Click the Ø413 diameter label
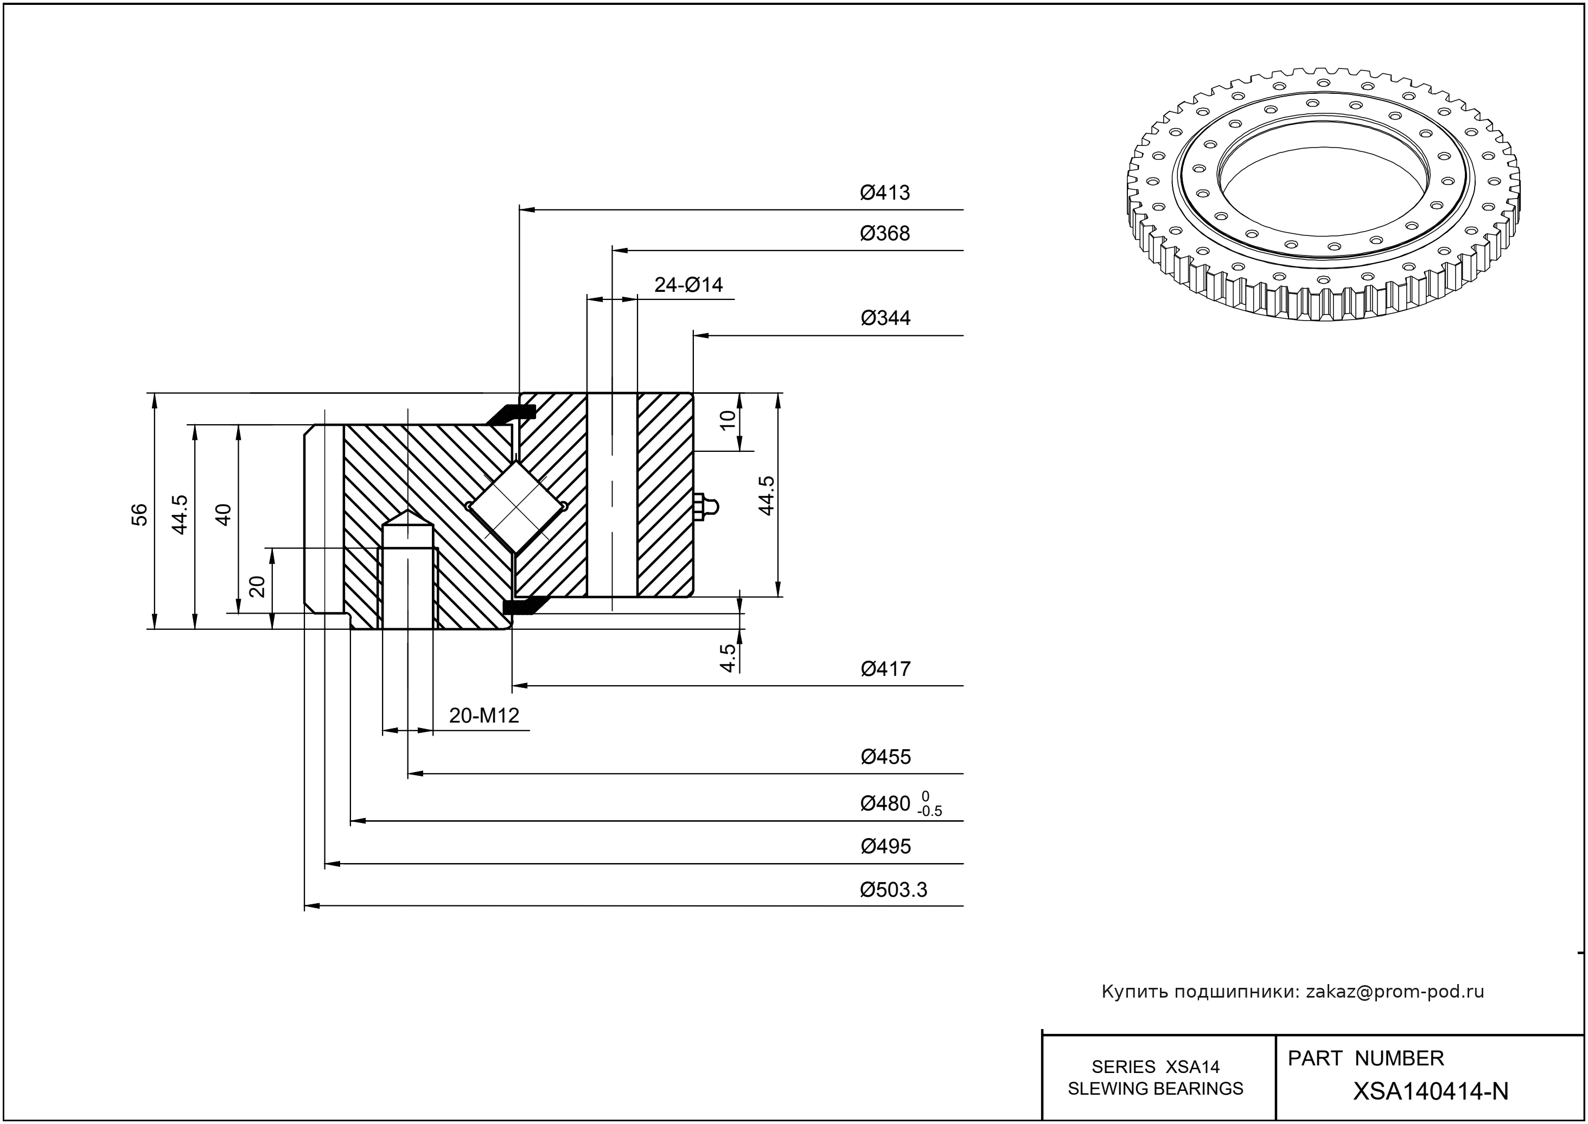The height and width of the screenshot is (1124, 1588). (x=885, y=193)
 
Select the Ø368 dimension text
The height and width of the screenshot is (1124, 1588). (x=885, y=233)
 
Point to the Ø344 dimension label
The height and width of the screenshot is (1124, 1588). (x=885, y=318)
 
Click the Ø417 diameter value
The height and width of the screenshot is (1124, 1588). (x=885, y=668)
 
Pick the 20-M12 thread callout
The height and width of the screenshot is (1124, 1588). (x=484, y=716)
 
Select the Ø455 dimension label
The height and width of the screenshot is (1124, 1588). (x=885, y=757)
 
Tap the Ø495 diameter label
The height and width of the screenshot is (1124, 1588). (x=885, y=846)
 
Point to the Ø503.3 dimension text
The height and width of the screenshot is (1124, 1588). (x=893, y=889)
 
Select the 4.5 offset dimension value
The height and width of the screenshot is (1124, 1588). (x=728, y=657)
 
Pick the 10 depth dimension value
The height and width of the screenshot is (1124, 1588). (x=728, y=419)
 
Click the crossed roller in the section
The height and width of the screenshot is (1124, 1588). (x=516, y=507)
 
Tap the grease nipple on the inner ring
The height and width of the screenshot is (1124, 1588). (x=706, y=507)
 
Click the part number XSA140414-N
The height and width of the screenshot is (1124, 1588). (x=1430, y=1091)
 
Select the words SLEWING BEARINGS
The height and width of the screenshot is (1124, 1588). (x=1156, y=1089)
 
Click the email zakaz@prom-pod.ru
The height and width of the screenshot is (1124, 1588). (x=1395, y=992)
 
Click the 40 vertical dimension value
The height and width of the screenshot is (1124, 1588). (x=224, y=514)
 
